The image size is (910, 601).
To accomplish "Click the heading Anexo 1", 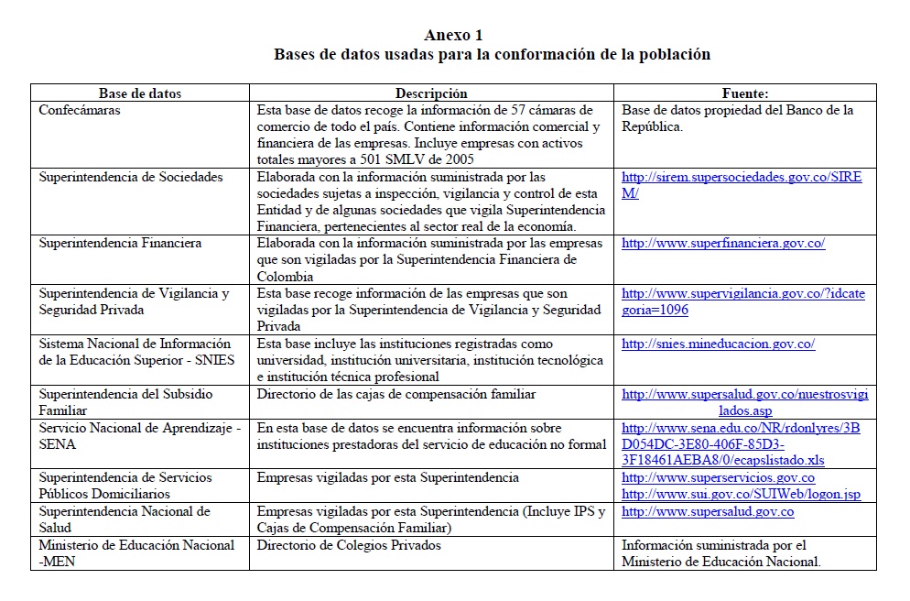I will coord(453,36).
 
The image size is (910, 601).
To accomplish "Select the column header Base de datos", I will coord(140,93).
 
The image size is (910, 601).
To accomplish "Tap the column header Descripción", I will coord(431,93).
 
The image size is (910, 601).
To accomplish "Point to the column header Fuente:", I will coord(744,93).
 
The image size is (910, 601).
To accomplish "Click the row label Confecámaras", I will coord(80,110).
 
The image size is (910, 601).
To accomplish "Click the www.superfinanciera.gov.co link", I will coord(723,244).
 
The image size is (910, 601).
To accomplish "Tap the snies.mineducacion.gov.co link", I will coord(718,344).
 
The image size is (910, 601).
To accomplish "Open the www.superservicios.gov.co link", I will coord(718,478).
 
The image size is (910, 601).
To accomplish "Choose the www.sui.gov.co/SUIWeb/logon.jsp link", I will coord(741,495).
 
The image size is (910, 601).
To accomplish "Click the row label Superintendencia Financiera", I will coord(120,244).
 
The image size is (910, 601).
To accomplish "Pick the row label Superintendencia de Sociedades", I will coord(131,177).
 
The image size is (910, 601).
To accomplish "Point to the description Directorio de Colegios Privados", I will coord(349,545).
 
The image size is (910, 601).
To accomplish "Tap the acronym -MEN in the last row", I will coord(58,562).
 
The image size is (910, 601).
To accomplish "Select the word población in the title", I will coord(674,54).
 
